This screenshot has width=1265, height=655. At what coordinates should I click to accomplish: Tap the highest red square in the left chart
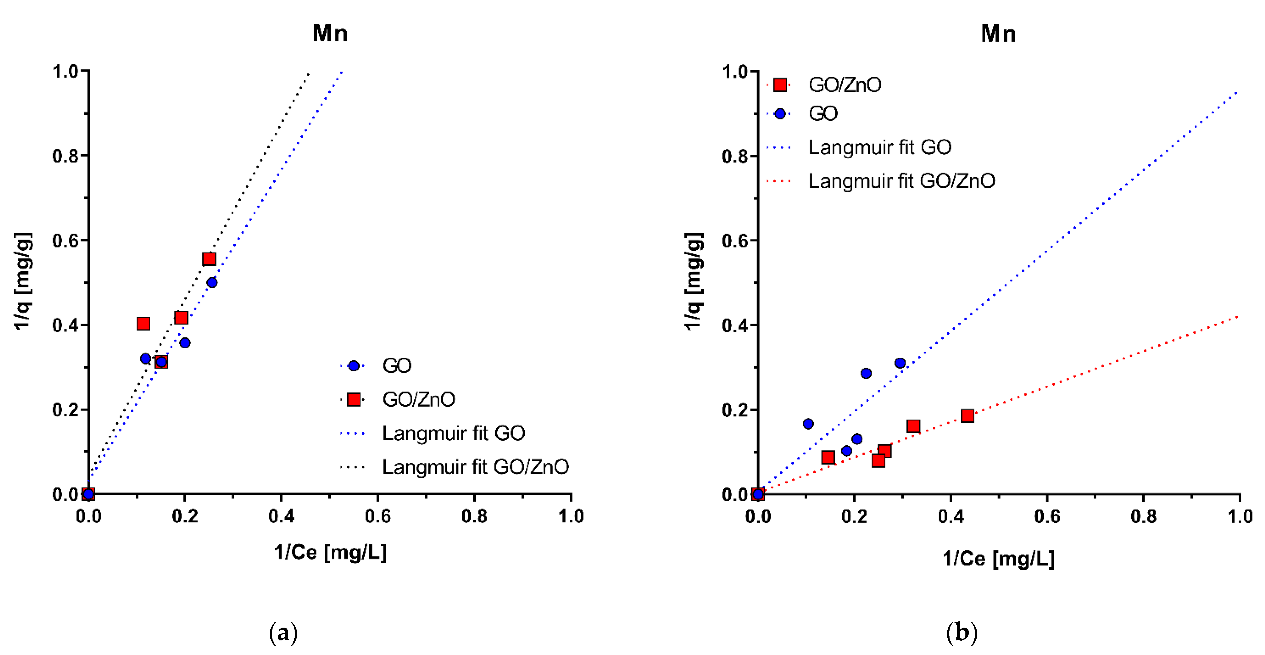click(x=209, y=259)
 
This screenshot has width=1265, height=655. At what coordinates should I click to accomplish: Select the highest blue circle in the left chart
click(x=212, y=282)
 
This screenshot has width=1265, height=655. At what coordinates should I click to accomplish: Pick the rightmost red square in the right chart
click(x=967, y=416)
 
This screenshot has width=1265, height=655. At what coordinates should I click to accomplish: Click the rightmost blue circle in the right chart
click(x=900, y=363)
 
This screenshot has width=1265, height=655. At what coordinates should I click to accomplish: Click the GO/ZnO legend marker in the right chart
click(x=780, y=85)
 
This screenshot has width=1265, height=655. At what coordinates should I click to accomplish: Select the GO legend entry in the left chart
click(x=396, y=366)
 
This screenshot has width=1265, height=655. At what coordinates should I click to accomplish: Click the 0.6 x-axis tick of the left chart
click(x=378, y=516)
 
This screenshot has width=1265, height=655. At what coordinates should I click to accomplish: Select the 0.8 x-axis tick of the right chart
click(x=1143, y=516)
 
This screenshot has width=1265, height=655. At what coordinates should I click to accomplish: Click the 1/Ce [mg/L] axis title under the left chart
click(x=330, y=552)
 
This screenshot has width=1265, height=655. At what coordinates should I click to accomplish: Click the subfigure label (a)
click(x=283, y=633)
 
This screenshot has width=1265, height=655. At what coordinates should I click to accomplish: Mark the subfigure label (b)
click(x=962, y=633)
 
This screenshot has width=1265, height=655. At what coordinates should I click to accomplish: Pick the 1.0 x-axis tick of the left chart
click(x=571, y=516)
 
